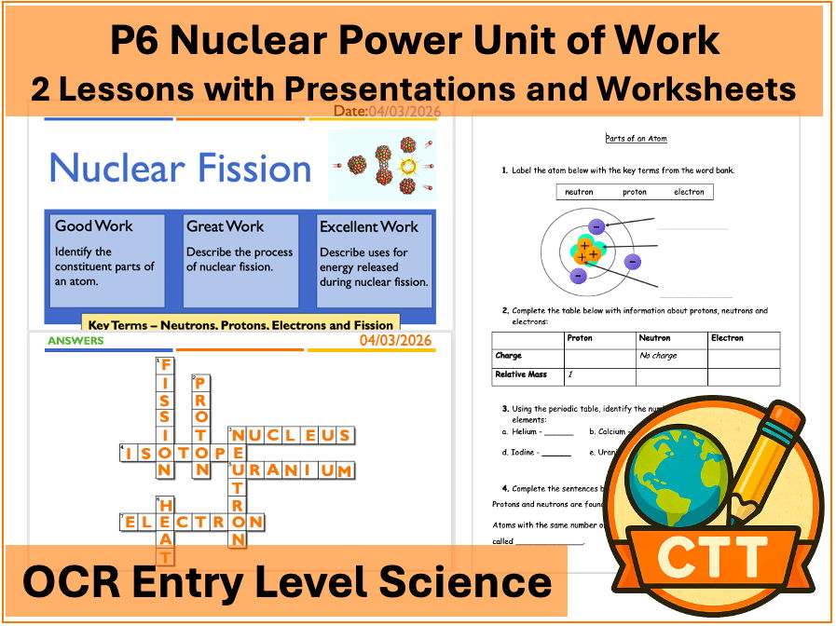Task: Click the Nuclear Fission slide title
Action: pyautogui.click(x=180, y=169)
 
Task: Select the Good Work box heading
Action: pyautogui.click(x=94, y=226)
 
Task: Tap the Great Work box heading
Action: pyautogui.click(x=225, y=226)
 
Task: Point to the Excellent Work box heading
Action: pyautogui.click(x=369, y=226)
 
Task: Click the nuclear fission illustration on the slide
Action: pyautogui.click(x=383, y=166)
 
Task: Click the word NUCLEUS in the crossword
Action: pyautogui.click(x=292, y=435)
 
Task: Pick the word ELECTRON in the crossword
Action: pyautogui.click(x=193, y=522)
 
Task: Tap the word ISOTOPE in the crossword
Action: pyautogui.click(x=174, y=453)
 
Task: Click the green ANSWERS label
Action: pyautogui.click(x=75, y=341)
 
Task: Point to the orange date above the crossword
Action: pyautogui.click(x=396, y=341)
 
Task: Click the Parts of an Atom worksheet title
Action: pyautogui.click(x=636, y=139)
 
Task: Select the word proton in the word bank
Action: pyautogui.click(x=634, y=192)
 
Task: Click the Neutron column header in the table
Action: pyautogui.click(x=655, y=338)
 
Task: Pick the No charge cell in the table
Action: pyautogui.click(x=658, y=356)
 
